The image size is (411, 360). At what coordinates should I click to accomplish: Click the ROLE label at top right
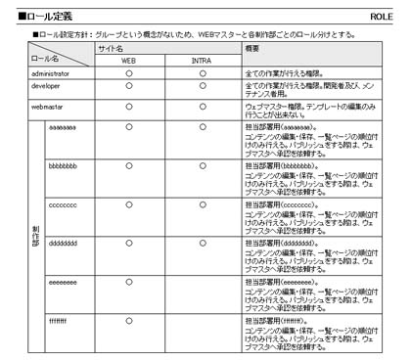[383, 17]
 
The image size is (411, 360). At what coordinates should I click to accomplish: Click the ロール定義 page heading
[48, 17]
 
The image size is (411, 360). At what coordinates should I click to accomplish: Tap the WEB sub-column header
[128, 61]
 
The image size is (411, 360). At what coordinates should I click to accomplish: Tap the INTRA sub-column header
[203, 61]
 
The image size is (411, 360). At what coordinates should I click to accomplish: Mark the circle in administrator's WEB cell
[128, 73]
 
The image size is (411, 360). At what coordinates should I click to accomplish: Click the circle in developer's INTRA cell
[203, 87]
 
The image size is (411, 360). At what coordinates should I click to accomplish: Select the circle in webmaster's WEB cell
[128, 104]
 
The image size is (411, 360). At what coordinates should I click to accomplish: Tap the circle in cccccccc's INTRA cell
[203, 203]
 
